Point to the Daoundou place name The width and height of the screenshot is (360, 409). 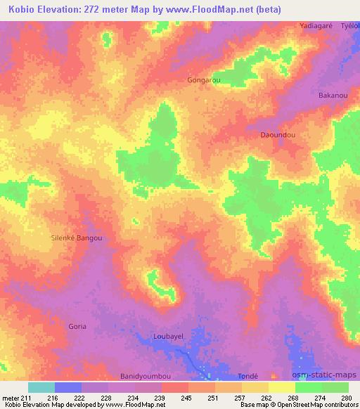pos(278,134)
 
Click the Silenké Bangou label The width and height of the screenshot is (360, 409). pos(77,238)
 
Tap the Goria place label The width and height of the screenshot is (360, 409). pos(77,327)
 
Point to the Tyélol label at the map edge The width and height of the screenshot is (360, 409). pos(350,25)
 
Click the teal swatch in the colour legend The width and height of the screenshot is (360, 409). pos(41,387)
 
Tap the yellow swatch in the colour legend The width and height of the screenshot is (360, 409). pos(281,387)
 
